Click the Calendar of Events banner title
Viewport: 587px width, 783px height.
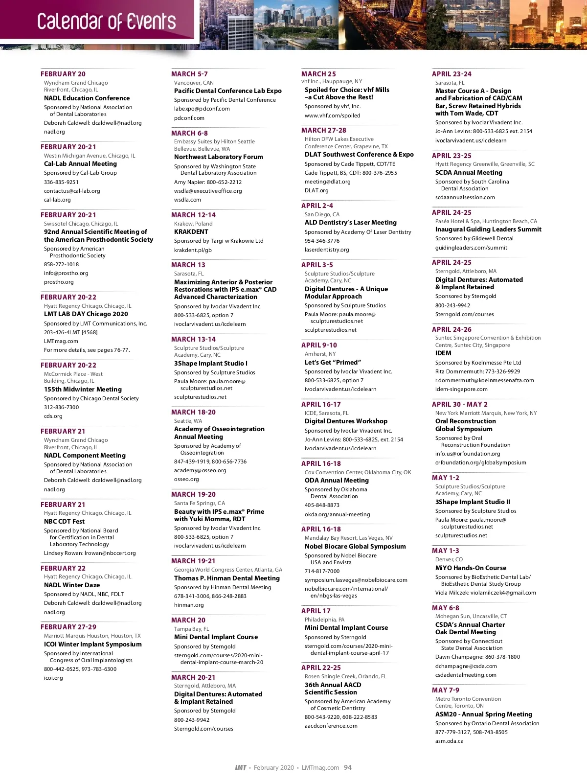point(106,22)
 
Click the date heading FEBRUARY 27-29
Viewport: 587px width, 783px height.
point(68,627)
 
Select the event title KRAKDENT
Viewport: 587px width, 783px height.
point(191,232)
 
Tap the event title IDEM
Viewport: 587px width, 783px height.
point(443,353)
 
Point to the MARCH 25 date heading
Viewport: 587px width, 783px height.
point(318,74)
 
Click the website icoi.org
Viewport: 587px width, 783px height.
point(53,678)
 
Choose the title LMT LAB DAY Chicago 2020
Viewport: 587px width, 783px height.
point(86,314)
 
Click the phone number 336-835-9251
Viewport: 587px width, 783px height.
point(61,182)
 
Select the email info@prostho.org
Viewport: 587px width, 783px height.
point(66,273)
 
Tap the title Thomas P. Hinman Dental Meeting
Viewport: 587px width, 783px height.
point(227,578)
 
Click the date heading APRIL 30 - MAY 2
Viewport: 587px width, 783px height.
point(460,404)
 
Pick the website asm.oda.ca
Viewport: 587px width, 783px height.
point(449,741)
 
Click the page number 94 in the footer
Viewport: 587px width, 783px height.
point(348,767)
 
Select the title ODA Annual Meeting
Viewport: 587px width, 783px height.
point(337,481)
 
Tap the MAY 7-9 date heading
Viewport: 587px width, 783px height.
point(446,690)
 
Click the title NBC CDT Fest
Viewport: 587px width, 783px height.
point(64,522)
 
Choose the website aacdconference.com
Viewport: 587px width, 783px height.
point(331,726)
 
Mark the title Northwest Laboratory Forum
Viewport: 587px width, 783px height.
point(219,157)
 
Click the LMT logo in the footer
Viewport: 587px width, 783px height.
point(241,767)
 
